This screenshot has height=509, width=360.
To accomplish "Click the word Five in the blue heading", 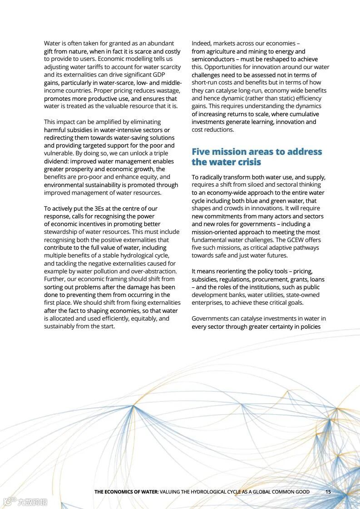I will (202, 152).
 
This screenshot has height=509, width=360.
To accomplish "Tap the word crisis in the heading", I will (249, 162).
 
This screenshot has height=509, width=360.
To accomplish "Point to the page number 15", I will (328, 492).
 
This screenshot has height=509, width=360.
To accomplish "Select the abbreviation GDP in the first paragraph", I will (159, 75).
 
